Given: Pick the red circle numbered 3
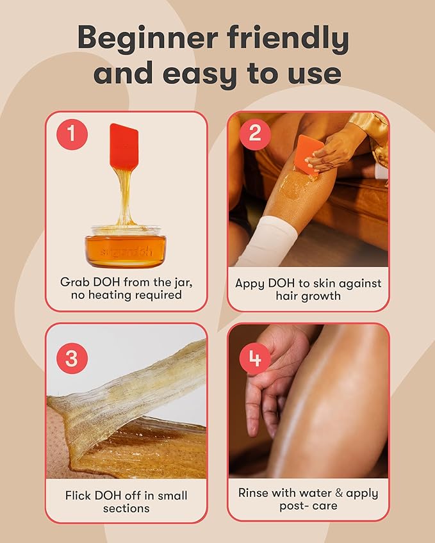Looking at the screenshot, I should [x=72, y=358].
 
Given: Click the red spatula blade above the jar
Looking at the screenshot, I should [x=124, y=146].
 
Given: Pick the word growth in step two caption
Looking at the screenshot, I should [x=327, y=296].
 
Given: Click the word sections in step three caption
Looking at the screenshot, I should [x=126, y=508].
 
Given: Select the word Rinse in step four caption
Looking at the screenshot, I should [x=254, y=493].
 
